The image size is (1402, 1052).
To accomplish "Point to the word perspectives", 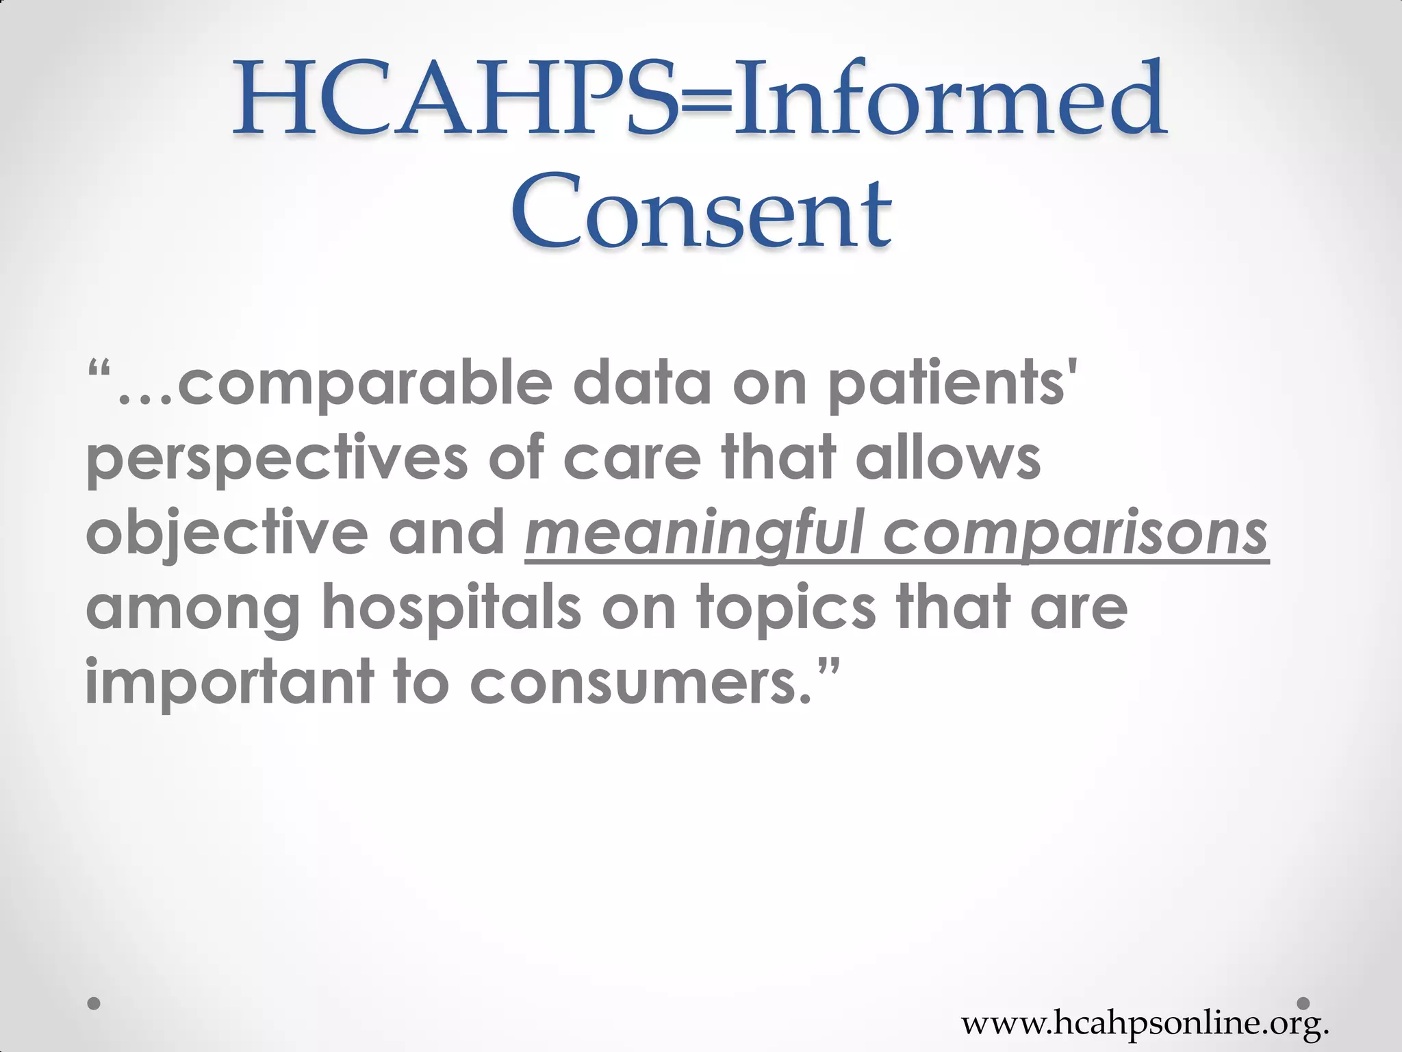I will (x=277, y=460).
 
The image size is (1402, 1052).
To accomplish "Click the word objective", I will (x=227, y=535).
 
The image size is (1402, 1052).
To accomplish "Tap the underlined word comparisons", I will (x=1074, y=535).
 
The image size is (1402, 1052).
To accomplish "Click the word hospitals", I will (x=451, y=608).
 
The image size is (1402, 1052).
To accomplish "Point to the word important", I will (x=229, y=683).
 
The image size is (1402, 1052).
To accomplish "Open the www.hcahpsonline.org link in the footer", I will (x=1145, y=1023).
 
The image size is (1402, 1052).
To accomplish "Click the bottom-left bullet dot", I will (x=94, y=1003).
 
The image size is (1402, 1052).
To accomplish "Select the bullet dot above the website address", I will (x=1303, y=1003).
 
